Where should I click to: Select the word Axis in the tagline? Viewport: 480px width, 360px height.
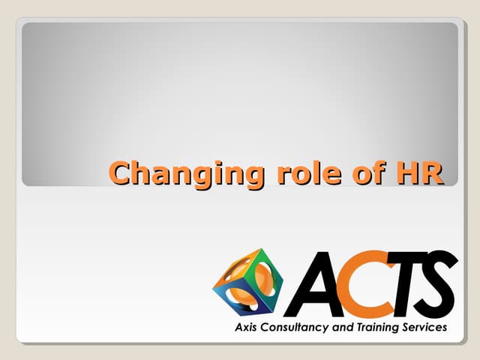pos(246,328)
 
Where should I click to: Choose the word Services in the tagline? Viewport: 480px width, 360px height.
pos(424,328)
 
